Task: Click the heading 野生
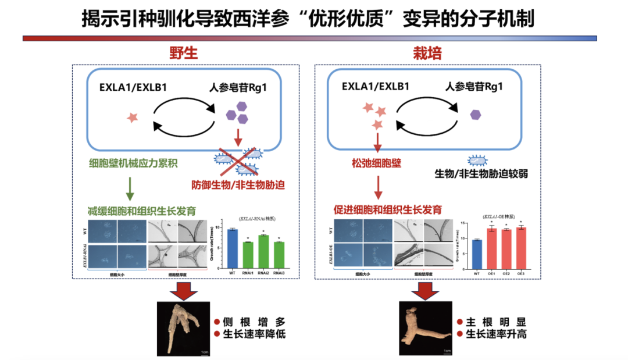coord(183,54)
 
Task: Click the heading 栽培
coord(427,54)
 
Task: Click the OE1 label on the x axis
coord(491,273)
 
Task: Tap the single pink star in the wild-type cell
coord(133,117)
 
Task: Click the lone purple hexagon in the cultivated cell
coord(476,115)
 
